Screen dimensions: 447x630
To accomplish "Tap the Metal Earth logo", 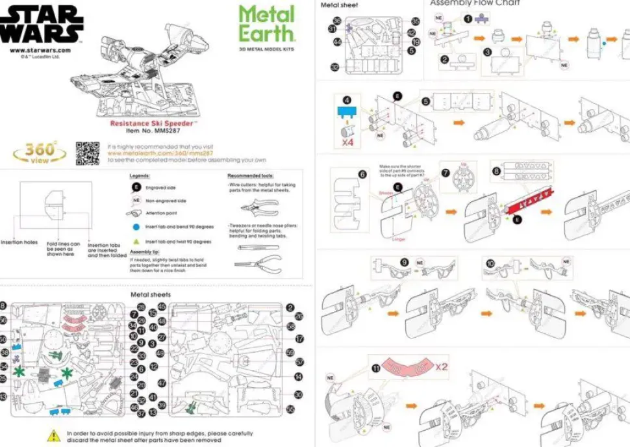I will (266, 24).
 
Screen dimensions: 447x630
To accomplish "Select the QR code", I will (88, 152).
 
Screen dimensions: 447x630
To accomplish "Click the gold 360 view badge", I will (39, 153).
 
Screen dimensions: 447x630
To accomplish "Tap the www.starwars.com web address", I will (40, 50).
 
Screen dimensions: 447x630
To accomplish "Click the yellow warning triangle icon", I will (53, 435).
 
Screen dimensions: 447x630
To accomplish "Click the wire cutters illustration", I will (259, 207).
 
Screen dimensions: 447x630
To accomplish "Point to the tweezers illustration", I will (258, 247).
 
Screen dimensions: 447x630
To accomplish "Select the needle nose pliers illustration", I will (258, 264).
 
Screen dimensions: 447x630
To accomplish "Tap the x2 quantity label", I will (442, 367).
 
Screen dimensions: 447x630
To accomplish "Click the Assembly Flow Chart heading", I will (475, 3).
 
